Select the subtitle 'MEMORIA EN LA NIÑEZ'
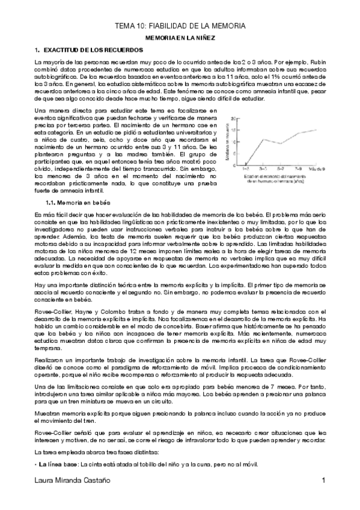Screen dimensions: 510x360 coord(180,37)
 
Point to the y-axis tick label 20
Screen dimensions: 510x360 coord(233,118)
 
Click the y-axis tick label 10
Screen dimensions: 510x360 coord(233,142)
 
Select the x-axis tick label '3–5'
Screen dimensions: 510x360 coord(263,169)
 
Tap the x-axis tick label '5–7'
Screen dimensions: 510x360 coord(281,169)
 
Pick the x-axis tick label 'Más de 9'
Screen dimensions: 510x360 coord(317,169)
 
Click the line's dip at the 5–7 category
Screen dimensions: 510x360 coord(281,144)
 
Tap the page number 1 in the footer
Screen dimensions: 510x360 coord(323,497)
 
